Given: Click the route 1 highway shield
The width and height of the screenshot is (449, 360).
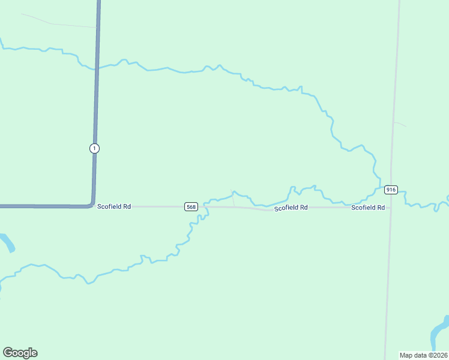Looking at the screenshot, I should point(94,148).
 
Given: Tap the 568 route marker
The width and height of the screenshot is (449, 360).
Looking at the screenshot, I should point(191,206).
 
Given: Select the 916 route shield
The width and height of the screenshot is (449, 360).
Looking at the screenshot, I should point(391,190).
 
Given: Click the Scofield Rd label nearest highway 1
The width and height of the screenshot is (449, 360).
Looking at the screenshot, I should point(114,206).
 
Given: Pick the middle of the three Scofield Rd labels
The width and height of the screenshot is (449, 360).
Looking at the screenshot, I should point(291,208).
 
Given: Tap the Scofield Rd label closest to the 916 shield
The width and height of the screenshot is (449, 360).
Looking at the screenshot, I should point(368,208).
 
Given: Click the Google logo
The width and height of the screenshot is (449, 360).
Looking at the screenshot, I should point(20,353).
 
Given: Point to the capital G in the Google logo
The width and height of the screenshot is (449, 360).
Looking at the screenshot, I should point(8,353).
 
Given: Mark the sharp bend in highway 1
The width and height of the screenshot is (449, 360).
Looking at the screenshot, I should point(92,204).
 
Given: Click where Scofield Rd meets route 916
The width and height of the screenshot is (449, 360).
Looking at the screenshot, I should point(390,208).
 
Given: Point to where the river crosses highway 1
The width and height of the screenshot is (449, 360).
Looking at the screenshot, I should point(96,67).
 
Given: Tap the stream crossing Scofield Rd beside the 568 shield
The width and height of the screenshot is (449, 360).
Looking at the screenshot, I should point(205,206).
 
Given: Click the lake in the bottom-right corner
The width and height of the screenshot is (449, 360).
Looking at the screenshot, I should point(441,329).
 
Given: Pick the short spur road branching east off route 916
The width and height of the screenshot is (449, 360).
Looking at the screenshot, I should point(400,124).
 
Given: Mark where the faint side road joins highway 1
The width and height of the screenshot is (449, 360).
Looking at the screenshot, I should point(97,27).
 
